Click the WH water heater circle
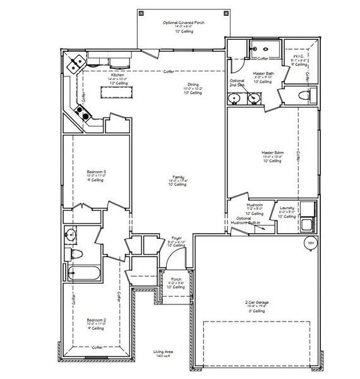pyautogui.click(x=311, y=243)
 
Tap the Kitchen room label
pyautogui.click(x=117, y=75)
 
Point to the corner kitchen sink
pyautogui.click(x=78, y=62)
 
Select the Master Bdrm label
pyautogui.click(x=273, y=152)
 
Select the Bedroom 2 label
pyautogui.click(x=97, y=320)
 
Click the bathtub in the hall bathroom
pyautogui.click(x=81, y=274)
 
